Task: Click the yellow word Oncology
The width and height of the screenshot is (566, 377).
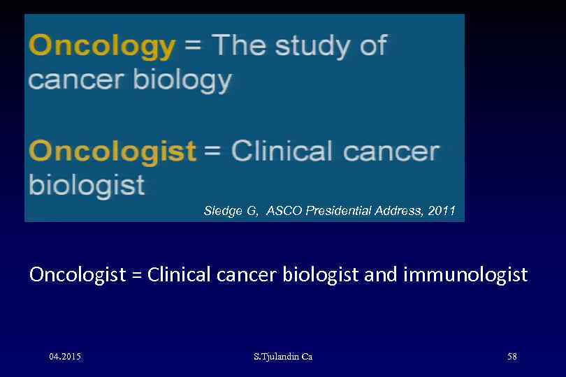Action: (x=102, y=47)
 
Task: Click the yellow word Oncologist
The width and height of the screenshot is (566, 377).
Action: (x=113, y=151)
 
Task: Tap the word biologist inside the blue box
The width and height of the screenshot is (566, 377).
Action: (x=87, y=185)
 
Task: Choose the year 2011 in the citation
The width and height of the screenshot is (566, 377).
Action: (x=442, y=210)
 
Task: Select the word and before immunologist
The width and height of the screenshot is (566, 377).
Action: (x=382, y=274)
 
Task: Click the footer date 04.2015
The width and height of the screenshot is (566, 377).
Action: (x=65, y=357)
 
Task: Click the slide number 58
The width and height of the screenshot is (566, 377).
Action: (x=512, y=357)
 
